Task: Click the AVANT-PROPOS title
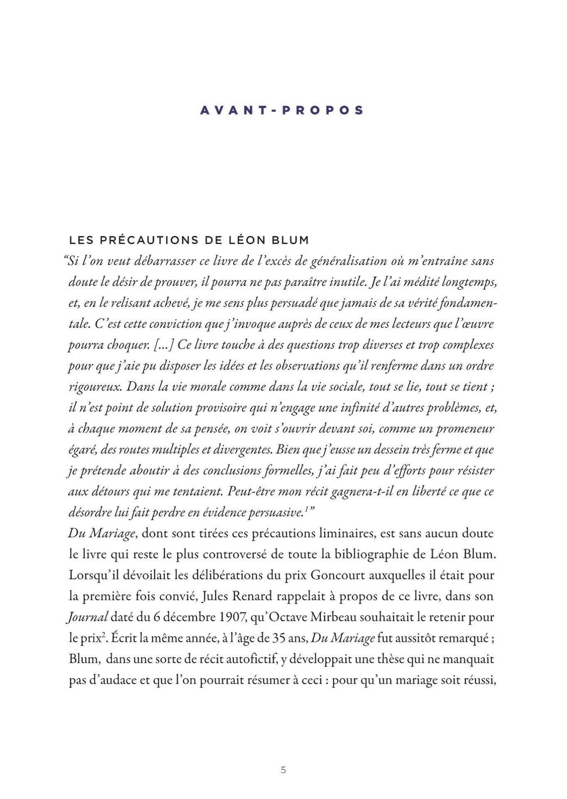[x=282, y=110]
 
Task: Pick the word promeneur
[x=464, y=429]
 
